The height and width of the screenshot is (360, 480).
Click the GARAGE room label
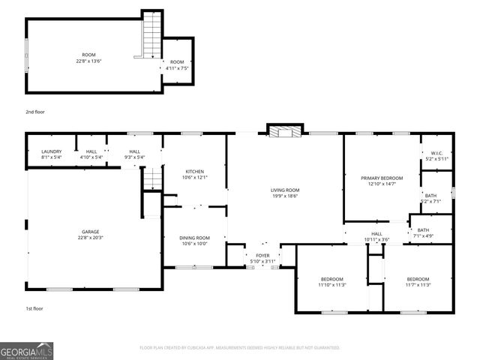(90, 232)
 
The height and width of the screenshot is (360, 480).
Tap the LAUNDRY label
(51, 151)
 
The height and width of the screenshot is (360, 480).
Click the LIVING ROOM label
(285, 190)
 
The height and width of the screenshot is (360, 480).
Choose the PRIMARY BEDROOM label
(381, 178)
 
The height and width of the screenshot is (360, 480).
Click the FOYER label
(262, 255)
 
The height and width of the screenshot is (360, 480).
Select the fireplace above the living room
(284, 132)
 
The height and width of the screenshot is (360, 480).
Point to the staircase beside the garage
(152, 178)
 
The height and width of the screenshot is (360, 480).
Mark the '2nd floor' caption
(35, 112)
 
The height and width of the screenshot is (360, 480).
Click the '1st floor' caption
(34, 308)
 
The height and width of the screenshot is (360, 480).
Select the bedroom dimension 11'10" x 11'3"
(331, 285)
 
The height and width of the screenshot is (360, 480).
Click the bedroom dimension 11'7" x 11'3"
(418, 285)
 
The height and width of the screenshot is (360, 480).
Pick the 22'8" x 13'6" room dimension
(88, 61)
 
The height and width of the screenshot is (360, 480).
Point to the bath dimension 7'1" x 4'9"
(423, 236)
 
